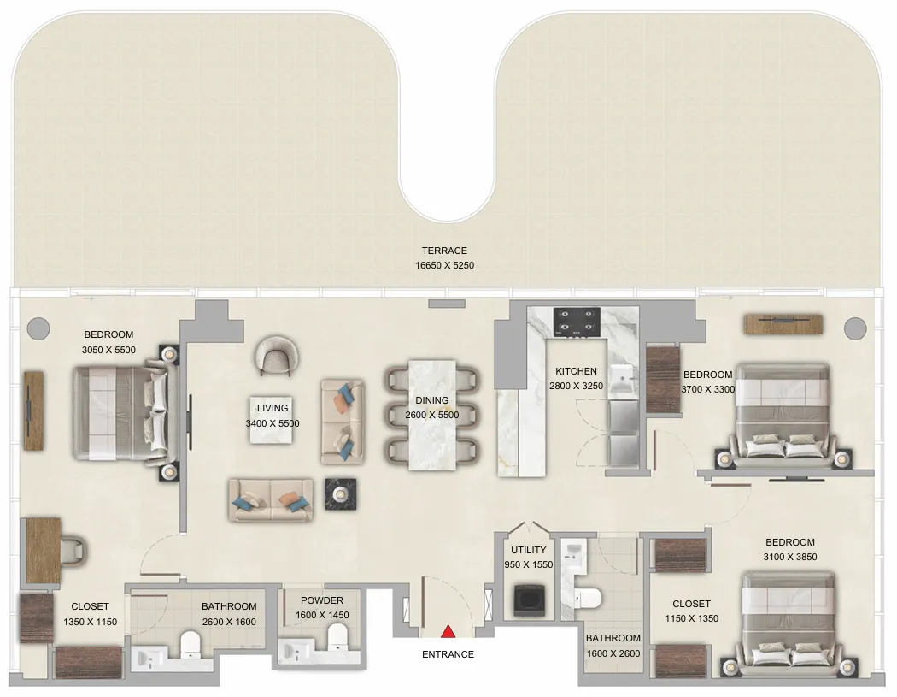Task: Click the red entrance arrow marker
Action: click(447, 632)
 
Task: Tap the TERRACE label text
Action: click(444, 251)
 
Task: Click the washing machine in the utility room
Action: click(527, 601)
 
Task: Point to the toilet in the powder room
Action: click(337, 635)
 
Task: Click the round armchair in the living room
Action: click(277, 354)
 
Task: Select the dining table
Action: click(431, 414)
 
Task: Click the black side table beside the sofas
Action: click(341, 494)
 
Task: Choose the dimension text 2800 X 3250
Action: click(576, 386)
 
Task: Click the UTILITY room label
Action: click(529, 551)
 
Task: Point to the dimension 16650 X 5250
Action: click(444, 265)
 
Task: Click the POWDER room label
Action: click(322, 600)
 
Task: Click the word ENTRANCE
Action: click(448, 654)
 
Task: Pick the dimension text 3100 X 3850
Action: click(790, 557)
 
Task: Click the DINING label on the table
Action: click(431, 400)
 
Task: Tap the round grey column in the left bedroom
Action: click(38, 328)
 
